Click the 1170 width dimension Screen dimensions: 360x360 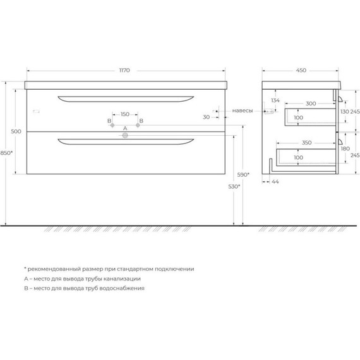[x=124, y=70]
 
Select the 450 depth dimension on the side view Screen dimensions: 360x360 [x=301, y=70]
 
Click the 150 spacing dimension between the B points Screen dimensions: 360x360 [x=125, y=114]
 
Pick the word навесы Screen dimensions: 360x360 [x=243, y=111]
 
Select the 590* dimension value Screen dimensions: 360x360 [x=244, y=174]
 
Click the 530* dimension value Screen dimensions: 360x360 [x=234, y=187]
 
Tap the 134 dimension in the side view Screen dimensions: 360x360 [x=275, y=100]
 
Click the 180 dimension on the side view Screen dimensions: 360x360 [x=345, y=149]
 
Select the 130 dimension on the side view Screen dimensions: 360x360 [x=345, y=111]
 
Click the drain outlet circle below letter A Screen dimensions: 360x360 [x=125, y=135]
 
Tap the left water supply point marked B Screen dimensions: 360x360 [x=112, y=126]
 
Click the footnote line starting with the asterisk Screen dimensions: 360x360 [x=109, y=268]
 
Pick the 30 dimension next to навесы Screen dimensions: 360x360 [x=207, y=117]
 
